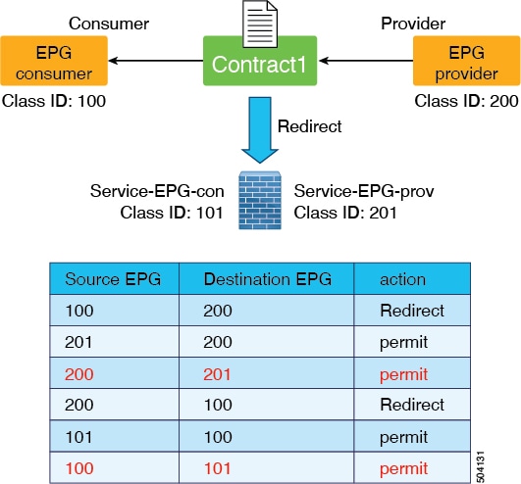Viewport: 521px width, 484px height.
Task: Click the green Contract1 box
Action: pos(260,61)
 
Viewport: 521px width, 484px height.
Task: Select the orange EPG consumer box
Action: pos(54,61)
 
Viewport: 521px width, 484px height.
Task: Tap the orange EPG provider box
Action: pos(466,61)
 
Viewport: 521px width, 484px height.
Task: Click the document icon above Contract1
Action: pos(260,24)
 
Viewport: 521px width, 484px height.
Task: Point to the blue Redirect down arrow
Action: pos(260,130)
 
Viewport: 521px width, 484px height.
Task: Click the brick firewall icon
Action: pos(260,201)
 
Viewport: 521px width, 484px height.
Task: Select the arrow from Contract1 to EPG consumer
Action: pos(156,61)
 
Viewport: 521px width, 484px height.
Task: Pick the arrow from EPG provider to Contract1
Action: pos(366,61)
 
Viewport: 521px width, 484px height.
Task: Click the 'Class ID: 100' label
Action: pos(54,101)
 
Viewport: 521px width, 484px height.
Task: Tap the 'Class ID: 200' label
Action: pos(466,101)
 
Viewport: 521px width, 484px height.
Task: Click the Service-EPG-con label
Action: pos(157,191)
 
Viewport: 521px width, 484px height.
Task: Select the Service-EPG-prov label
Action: pos(364,191)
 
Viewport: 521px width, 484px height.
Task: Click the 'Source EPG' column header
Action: pos(113,279)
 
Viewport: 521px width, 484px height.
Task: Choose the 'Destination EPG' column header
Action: pos(268,279)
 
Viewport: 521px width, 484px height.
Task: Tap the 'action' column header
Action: pos(402,279)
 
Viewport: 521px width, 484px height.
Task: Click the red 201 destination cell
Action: pos(217,374)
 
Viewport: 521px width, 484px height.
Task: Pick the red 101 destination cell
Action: pos(217,468)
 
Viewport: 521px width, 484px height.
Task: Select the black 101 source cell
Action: pos(78,437)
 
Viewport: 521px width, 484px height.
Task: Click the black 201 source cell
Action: pos(78,342)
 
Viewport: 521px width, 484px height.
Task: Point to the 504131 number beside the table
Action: pos(480,466)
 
